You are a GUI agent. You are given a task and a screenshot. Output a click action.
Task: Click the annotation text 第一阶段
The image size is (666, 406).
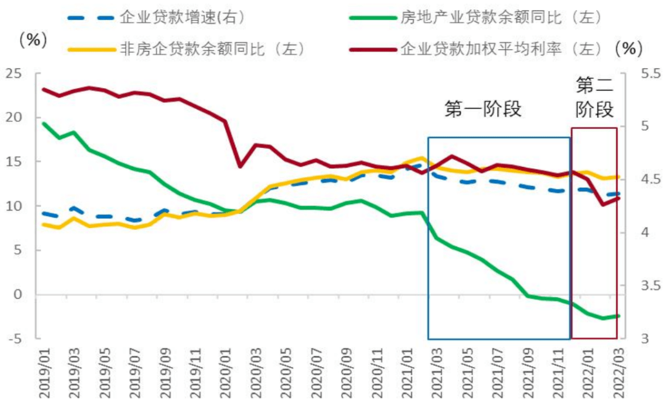tap(483, 110)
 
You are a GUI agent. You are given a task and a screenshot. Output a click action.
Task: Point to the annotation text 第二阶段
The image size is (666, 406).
tap(594, 97)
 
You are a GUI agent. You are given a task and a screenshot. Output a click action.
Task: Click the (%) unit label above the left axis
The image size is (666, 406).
tap(33, 41)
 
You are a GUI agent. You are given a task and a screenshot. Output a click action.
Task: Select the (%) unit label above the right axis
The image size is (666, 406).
tap(629, 47)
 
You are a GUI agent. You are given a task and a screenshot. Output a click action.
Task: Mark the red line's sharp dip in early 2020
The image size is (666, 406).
tap(240, 166)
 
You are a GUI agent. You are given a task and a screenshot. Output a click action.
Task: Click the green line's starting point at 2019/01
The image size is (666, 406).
tap(43, 123)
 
